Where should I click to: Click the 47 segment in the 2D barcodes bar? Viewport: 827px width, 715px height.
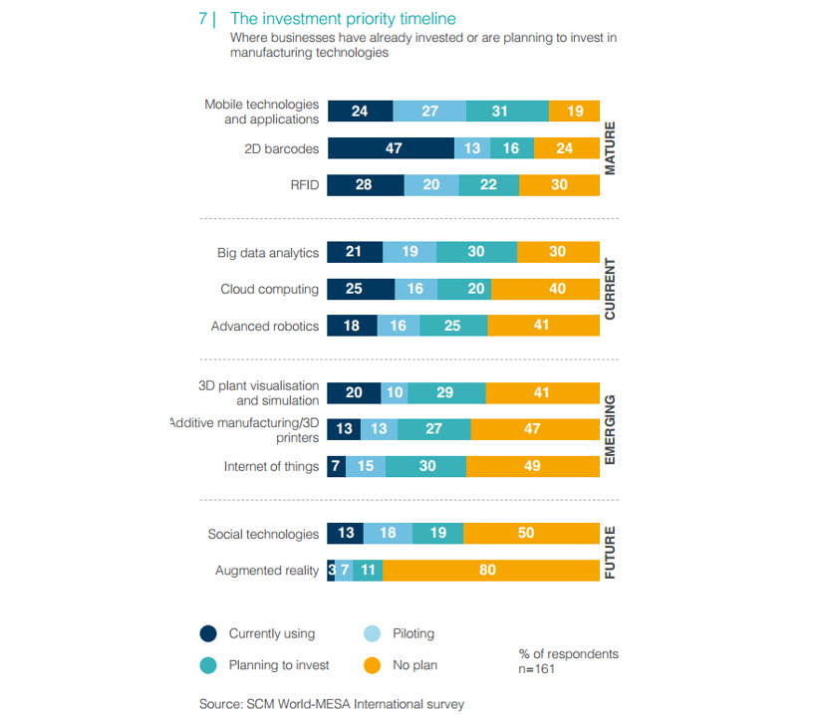pos(391,148)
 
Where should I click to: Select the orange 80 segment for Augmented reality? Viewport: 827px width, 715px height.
pos(491,570)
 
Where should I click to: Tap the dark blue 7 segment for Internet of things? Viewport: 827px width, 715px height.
pos(337,466)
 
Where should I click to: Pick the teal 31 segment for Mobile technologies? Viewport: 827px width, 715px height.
pos(507,112)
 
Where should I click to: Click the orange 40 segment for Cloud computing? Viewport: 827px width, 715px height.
pos(545,289)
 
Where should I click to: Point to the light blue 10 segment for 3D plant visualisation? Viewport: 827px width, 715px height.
pos(395,392)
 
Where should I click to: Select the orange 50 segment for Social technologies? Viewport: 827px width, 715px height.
pos(532,533)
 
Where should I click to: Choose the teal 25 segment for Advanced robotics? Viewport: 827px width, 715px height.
pos(453,326)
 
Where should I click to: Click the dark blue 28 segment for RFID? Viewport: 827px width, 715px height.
pos(366,185)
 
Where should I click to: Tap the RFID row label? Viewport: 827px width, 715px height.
pos(304,185)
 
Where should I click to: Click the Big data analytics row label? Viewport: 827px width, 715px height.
pos(268,253)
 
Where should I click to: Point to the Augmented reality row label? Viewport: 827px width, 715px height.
pos(267,571)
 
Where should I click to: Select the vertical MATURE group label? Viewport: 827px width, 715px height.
pos(610,148)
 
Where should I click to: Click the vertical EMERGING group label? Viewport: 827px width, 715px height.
pos(610,430)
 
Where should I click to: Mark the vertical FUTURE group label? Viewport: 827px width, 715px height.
pos(610,552)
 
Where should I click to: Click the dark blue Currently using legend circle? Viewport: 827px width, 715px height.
pos(208,633)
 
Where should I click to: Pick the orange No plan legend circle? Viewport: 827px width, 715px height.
pos(373,665)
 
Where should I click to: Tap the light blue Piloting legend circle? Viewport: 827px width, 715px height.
pos(373,633)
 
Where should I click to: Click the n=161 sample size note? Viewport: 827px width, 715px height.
pos(536,669)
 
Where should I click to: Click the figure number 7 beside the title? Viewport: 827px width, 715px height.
pos(202,19)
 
